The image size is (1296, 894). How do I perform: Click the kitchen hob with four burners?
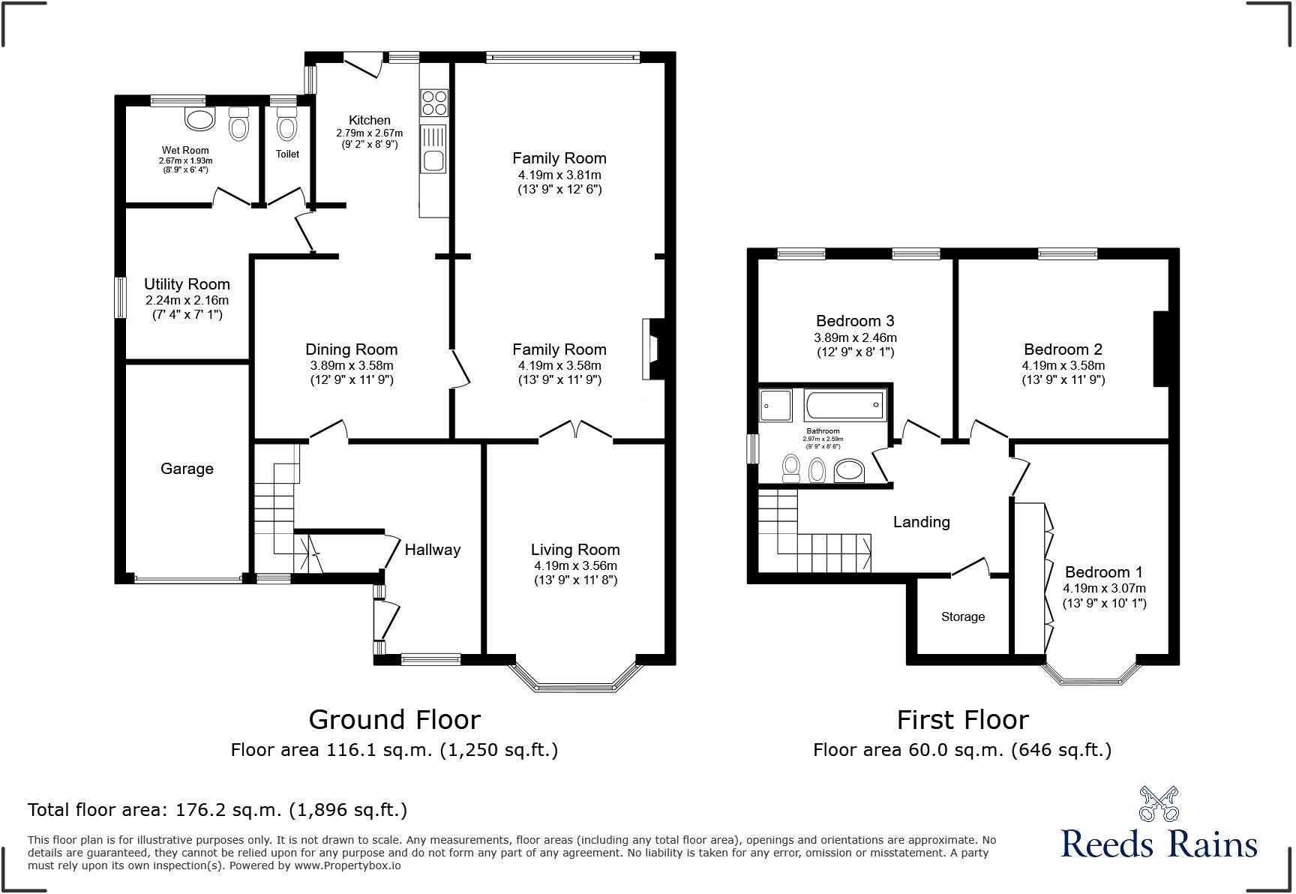(x=435, y=102)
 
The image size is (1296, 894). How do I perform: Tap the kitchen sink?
(x=434, y=160)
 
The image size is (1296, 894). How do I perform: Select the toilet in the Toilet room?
(x=286, y=125)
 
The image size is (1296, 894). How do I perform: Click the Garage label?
(x=187, y=469)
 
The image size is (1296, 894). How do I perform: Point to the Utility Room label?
(x=187, y=284)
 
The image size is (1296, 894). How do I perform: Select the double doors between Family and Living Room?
(x=576, y=430)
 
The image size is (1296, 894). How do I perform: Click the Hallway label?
(x=432, y=550)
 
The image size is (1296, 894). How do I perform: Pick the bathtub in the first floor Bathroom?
(x=844, y=405)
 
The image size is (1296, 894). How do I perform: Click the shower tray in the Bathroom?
(x=775, y=406)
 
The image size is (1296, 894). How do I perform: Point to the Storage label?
(x=962, y=616)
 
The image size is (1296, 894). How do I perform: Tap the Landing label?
(x=921, y=522)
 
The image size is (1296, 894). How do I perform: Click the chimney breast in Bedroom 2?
(x=1160, y=349)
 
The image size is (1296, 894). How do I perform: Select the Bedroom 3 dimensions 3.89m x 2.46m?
(x=855, y=337)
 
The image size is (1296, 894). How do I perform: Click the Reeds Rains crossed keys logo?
(x=1159, y=803)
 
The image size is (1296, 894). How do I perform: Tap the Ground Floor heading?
(x=394, y=719)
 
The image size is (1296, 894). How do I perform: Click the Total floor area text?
(x=217, y=809)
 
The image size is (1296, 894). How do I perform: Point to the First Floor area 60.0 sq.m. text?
(x=962, y=749)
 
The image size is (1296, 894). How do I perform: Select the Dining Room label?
(x=351, y=349)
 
